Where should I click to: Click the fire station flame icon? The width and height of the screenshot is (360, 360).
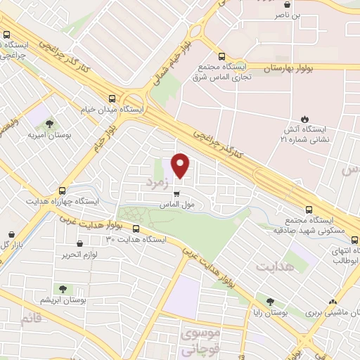304,119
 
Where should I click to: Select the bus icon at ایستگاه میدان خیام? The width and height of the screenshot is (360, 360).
113,99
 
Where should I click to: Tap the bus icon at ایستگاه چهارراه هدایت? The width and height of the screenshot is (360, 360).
63,191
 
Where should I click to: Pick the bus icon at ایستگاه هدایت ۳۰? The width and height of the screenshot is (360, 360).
136,229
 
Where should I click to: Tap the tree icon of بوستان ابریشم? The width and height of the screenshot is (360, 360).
63,289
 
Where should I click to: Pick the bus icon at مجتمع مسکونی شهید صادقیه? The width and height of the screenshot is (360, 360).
307,210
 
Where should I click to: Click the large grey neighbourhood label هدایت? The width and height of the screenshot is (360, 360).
273,268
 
